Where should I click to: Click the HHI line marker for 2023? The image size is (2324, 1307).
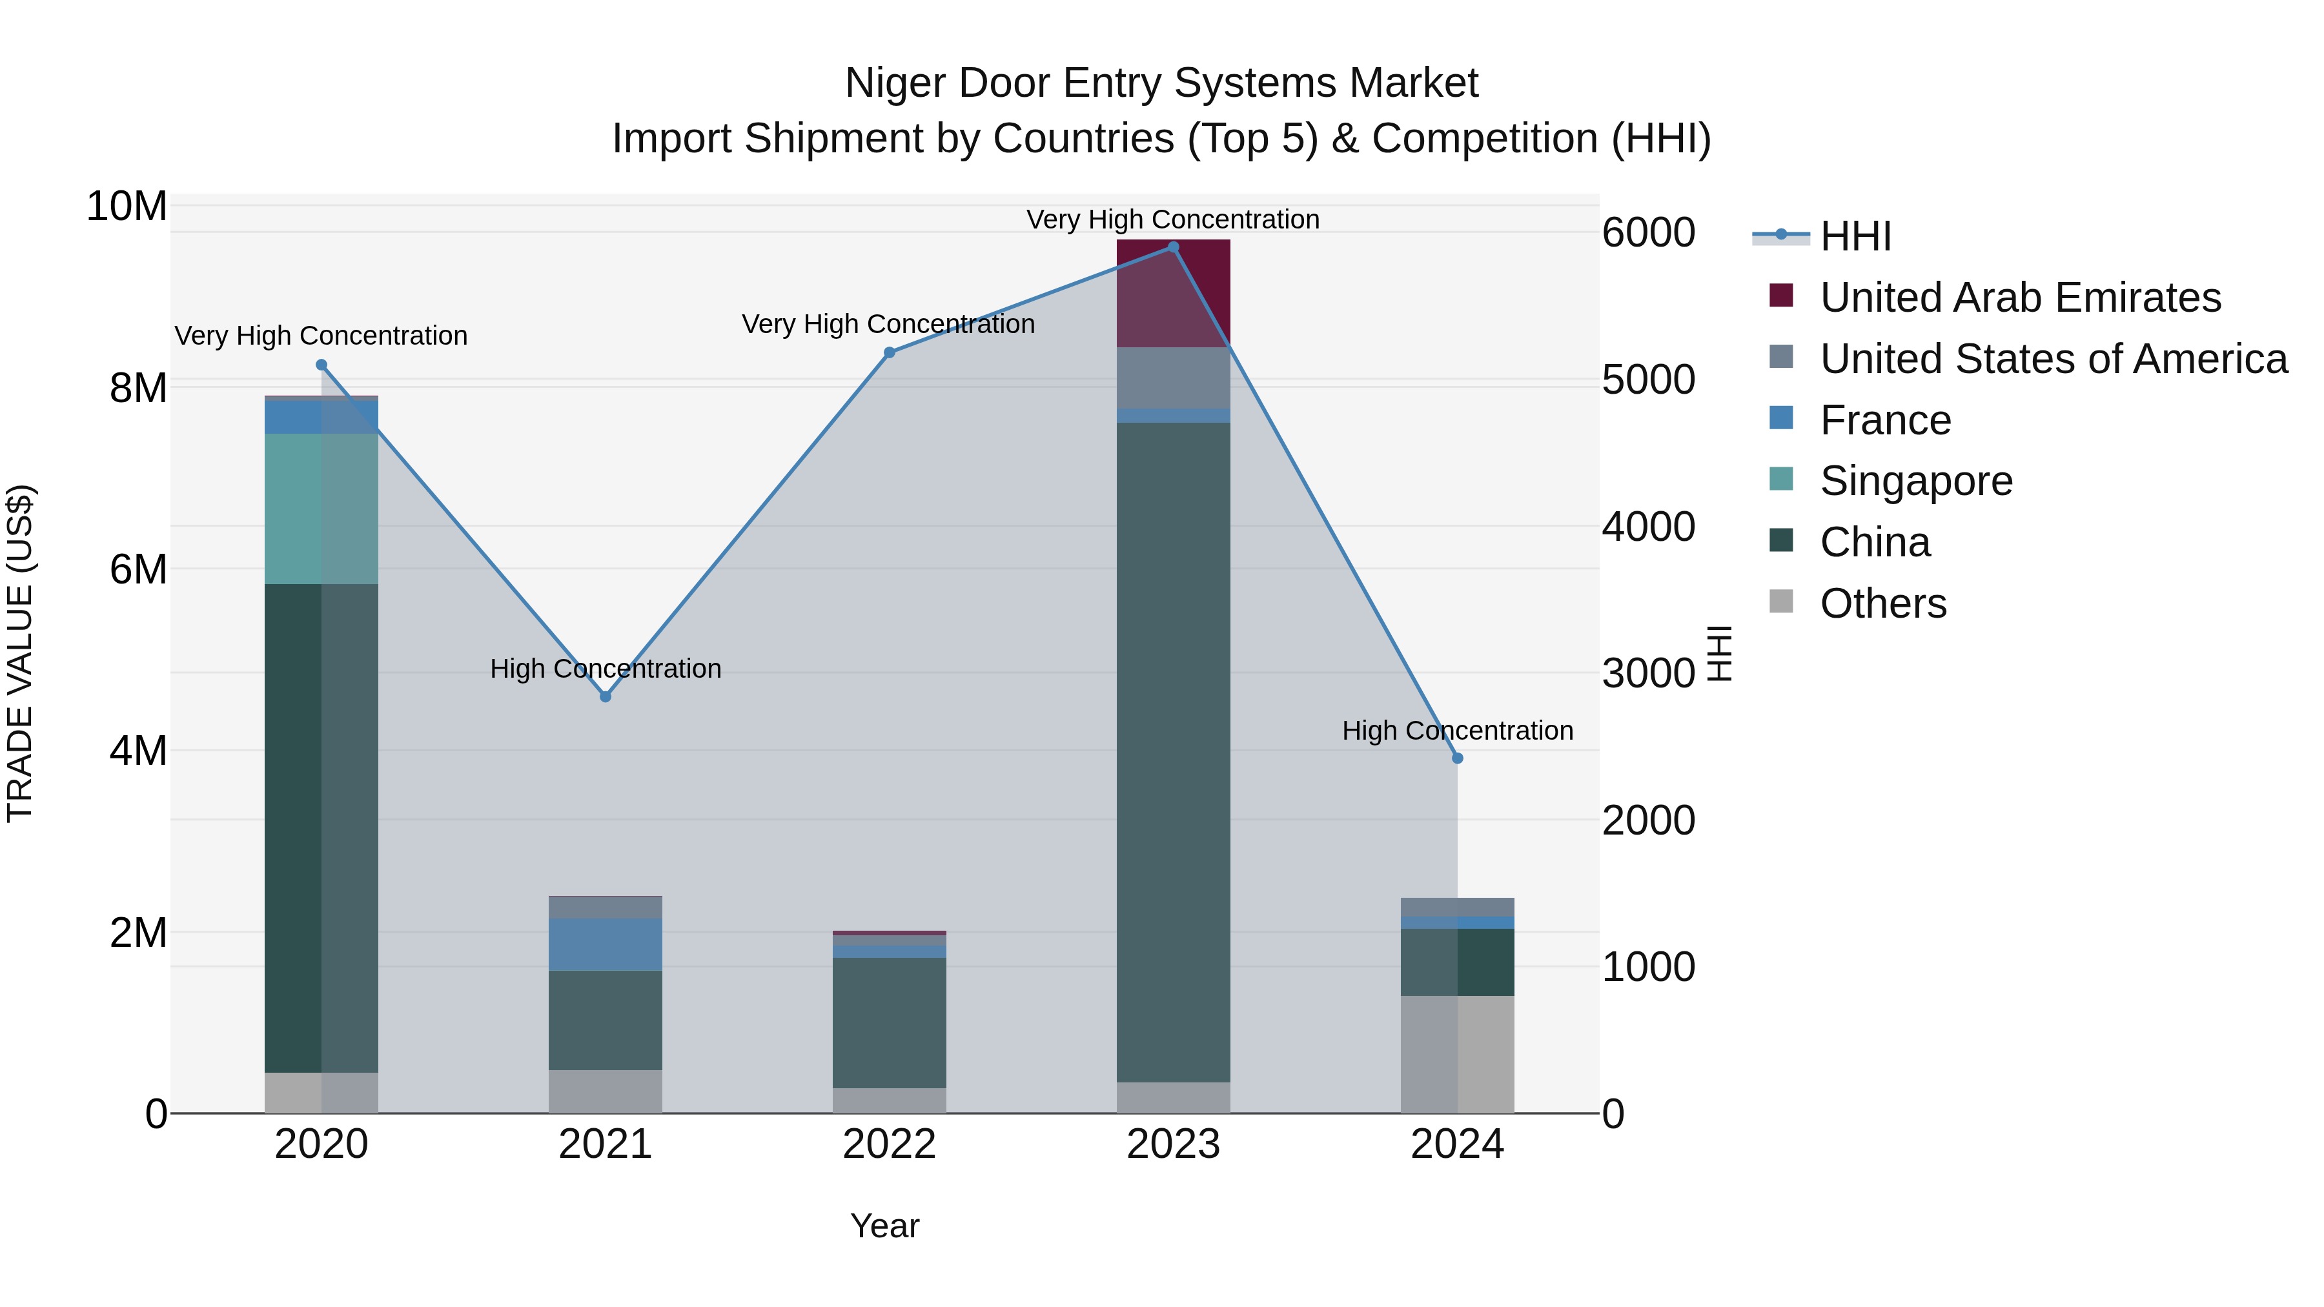(x=1173, y=247)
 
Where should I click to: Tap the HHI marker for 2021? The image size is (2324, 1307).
(x=606, y=696)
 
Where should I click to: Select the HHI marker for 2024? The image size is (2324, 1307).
(x=1457, y=758)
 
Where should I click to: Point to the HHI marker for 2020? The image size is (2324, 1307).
(x=321, y=365)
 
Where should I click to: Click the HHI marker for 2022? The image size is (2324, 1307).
(x=890, y=352)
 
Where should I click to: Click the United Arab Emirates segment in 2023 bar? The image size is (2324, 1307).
(x=1173, y=293)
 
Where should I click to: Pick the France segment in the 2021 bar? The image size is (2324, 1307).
(x=606, y=944)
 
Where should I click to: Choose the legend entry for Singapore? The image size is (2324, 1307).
(x=1915, y=481)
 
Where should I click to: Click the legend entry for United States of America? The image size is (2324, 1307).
(x=2052, y=359)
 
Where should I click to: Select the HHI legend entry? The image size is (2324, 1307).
(x=1854, y=236)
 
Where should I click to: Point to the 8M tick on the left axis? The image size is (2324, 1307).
(x=138, y=388)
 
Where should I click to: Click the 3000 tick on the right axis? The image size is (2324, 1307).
(x=1648, y=673)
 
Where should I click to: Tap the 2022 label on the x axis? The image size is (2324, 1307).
(x=890, y=1144)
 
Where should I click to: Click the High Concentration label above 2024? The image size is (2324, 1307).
(x=1457, y=731)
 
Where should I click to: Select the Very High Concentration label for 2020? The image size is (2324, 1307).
(x=321, y=336)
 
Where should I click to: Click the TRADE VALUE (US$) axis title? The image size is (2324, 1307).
(x=20, y=653)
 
